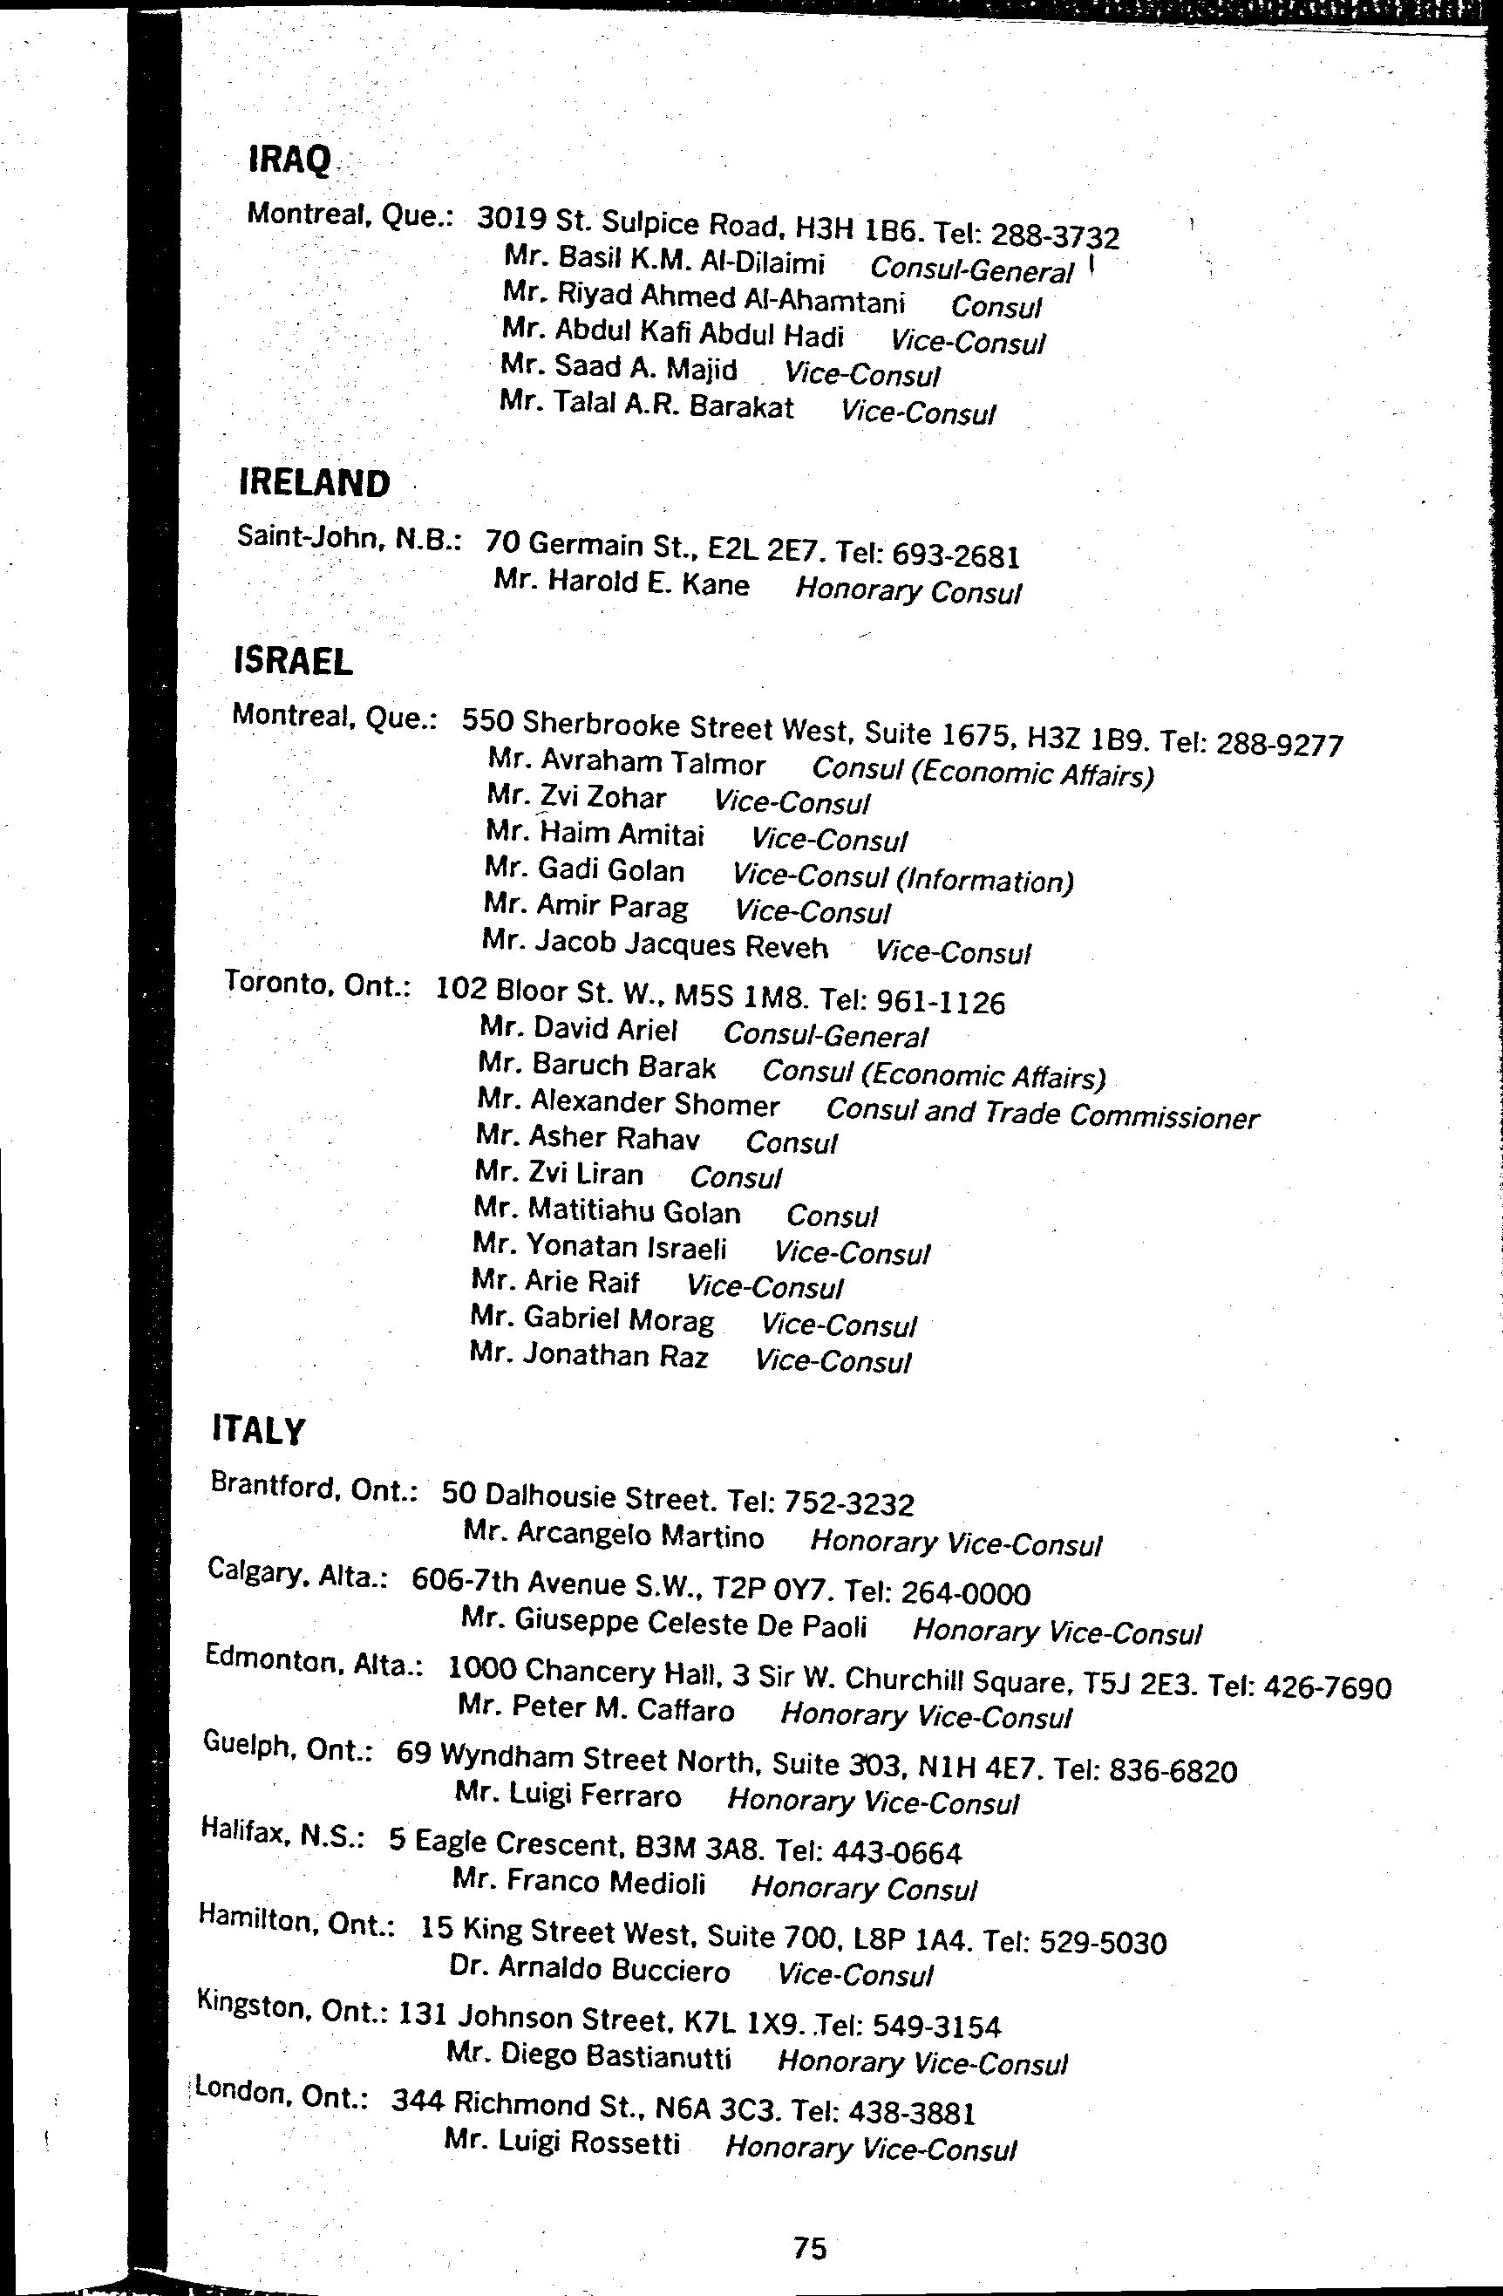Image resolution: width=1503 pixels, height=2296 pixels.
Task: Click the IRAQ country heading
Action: click(x=289, y=160)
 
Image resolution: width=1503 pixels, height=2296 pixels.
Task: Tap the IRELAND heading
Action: click(x=315, y=482)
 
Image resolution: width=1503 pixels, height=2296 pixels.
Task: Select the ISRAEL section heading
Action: click(x=293, y=661)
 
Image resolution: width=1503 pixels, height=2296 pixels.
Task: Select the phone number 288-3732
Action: click(x=1056, y=236)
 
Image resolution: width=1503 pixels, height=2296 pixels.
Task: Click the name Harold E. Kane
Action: click(x=622, y=583)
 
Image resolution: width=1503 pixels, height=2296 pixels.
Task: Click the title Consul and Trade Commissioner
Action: click(x=1042, y=1114)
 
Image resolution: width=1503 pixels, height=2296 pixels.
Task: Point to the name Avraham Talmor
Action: click(x=627, y=763)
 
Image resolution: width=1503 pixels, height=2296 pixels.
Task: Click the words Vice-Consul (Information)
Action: click(x=903, y=878)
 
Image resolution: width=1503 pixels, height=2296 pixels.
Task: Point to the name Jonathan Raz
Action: click(x=589, y=1355)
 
